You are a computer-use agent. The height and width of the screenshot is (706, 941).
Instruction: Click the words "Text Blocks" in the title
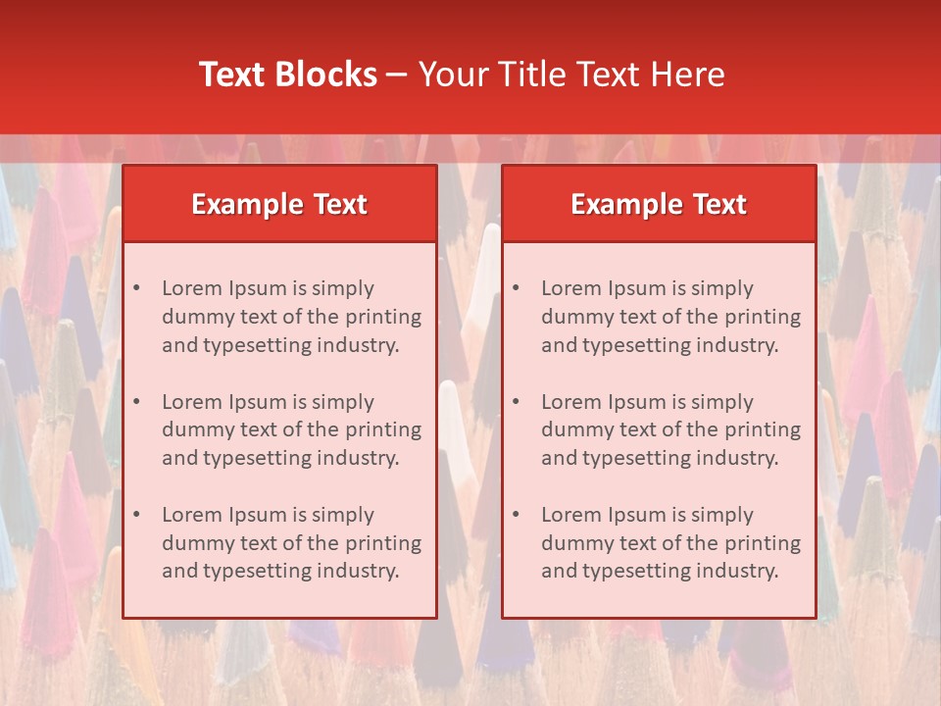pyautogui.click(x=288, y=75)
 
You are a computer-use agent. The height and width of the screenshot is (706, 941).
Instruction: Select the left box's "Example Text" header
pyautogui.click(x=279, y=204)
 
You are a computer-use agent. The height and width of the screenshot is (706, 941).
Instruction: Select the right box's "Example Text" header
pyautogui.click(x=659, y=204)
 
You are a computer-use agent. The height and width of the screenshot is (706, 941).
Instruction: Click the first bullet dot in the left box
pyautogui.click(x=137, y=288)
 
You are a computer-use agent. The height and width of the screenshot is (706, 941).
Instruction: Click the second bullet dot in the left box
pyautogui.click(x=137, y=402)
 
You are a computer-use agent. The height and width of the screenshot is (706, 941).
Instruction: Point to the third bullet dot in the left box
pyautogui.click(x=137, y=515)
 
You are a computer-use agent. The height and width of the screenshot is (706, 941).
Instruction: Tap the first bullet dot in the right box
pyautogui.click(x=517, y=288)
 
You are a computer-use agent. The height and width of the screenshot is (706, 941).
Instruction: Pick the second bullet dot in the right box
pyautogui.click(x=517, y=402)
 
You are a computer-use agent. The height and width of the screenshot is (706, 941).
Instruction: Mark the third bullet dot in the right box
pyautogui.click(x=517, y=515)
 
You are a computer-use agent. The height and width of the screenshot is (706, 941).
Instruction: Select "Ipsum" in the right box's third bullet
pyautogui.click(x=638, y=515)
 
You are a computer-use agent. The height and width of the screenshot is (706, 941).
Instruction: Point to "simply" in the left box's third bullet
pyautogui.click(x=343, y=515)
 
